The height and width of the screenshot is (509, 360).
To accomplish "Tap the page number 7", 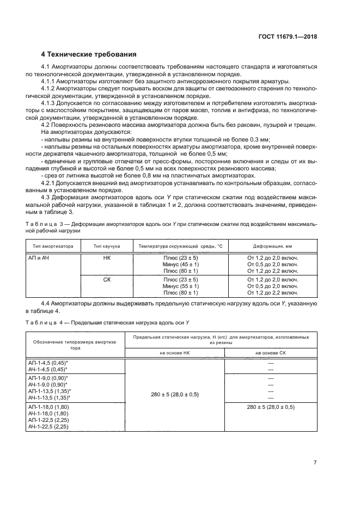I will point(315,463).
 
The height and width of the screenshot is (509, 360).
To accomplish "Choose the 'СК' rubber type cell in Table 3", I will point(107,279).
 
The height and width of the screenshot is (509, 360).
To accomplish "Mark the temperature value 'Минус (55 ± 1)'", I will point(181,286).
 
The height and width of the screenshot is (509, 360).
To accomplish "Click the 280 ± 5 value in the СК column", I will point(270,407).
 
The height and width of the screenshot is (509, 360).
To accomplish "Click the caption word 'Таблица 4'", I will point(42,322).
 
